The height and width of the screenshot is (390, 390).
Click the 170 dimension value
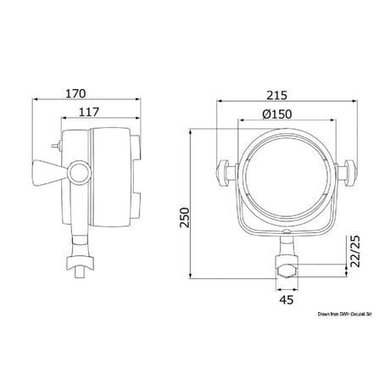[75, 93]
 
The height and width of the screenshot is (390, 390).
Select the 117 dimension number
[89, 112]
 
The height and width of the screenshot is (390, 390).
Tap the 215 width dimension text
[277, 95]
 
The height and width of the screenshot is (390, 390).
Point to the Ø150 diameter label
[276, 114]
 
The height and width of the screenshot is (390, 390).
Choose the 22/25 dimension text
[354, 251]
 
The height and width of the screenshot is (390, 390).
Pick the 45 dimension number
[287, 299]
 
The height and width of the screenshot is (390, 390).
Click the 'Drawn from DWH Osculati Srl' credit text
[344, 314]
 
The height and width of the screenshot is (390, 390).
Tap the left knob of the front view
[223, 173]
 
